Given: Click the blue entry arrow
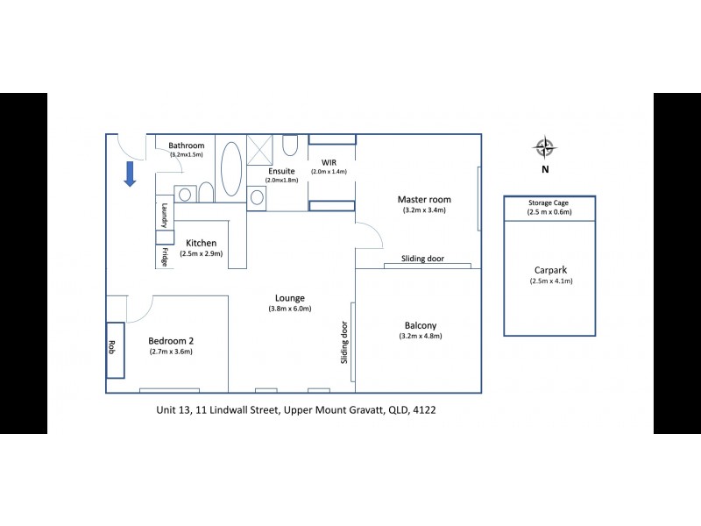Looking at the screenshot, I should [x=129, y=174].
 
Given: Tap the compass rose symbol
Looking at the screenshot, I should [x=545, y=147].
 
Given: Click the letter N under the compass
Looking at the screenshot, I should [x=545, y=170].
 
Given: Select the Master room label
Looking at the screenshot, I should [x=424, y=200].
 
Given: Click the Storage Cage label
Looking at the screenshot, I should [x=549, y=203].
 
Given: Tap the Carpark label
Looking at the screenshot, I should [x=550, y=270].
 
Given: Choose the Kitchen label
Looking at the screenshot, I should [x=201, y=243].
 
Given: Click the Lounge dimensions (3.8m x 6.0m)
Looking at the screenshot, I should [x=290, y=309].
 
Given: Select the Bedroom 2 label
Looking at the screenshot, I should [x=170, y=340].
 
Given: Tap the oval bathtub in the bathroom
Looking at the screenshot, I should [x=231, y=168].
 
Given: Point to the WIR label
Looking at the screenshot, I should [x=329, y=162].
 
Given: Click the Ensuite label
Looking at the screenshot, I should [x=281, y=170].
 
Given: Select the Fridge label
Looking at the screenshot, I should [x=164, y=257].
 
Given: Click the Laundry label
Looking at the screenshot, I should [x=164, y=215].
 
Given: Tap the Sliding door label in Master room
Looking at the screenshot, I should [x=423, y=259].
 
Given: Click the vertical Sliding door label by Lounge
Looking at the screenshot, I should [x=344, y=342].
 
